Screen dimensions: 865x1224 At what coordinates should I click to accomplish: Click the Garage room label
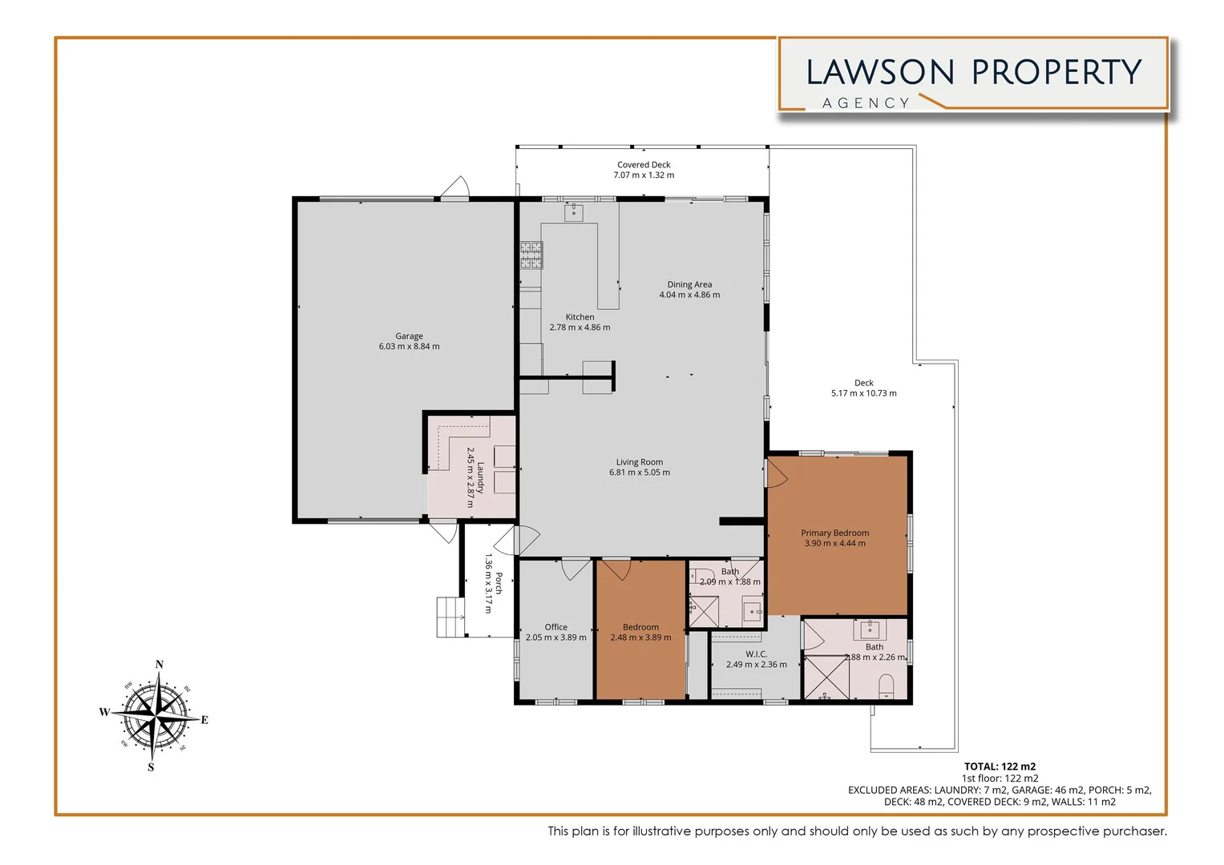(x=409, y=336)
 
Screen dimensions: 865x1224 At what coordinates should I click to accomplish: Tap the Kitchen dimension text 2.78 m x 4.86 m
(x=580, y=328)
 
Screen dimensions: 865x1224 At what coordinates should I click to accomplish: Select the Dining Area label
(x=689, y=284)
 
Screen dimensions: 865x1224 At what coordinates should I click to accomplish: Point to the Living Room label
(x=639, y=462)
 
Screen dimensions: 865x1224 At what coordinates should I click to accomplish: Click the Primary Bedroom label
(x=834, y=533)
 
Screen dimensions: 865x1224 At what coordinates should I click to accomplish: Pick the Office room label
(x=555, y=627)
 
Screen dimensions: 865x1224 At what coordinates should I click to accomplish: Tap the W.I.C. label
(x=756, y=654)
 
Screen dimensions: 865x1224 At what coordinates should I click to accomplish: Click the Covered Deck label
(x=644, y=165)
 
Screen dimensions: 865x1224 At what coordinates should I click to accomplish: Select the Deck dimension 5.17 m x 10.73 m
(x=863, y=393)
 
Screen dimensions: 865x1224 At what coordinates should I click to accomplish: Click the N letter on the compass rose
(x=159, y=665)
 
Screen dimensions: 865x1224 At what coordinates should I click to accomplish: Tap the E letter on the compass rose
(x=204, y=720)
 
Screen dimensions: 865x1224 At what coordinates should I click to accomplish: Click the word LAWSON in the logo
(x=880, y=73)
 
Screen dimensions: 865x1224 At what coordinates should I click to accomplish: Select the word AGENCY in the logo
(x=866, y=103)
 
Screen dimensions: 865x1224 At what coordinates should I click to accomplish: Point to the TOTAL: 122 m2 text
(x=1000, y=766)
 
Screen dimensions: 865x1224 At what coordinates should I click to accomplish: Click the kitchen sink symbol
(x=574, y=212)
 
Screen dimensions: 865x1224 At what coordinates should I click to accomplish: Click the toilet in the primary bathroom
(x=887, y=686)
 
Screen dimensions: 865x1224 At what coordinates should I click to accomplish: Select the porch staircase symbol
(x=450, y=618)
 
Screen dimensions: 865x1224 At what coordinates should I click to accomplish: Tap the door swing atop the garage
(x=454, y=187)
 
